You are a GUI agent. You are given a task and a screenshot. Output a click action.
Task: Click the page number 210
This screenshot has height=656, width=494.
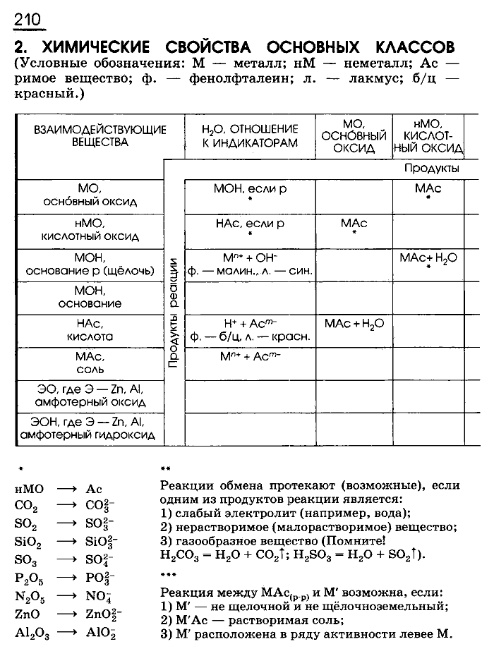[28, 18]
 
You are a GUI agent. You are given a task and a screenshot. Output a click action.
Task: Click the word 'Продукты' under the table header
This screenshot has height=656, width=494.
[432, 169]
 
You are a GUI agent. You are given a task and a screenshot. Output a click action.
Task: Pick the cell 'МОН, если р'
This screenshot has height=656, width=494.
[249, 189]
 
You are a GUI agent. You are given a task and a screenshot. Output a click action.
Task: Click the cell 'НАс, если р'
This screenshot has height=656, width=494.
[249, 224]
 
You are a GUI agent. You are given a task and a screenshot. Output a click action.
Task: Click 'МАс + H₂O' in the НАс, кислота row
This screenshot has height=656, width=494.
[354, 323]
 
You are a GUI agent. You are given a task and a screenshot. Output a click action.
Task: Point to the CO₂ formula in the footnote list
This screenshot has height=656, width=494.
[26, 506]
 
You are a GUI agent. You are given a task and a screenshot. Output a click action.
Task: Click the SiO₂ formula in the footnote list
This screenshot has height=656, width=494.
[28, 542]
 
